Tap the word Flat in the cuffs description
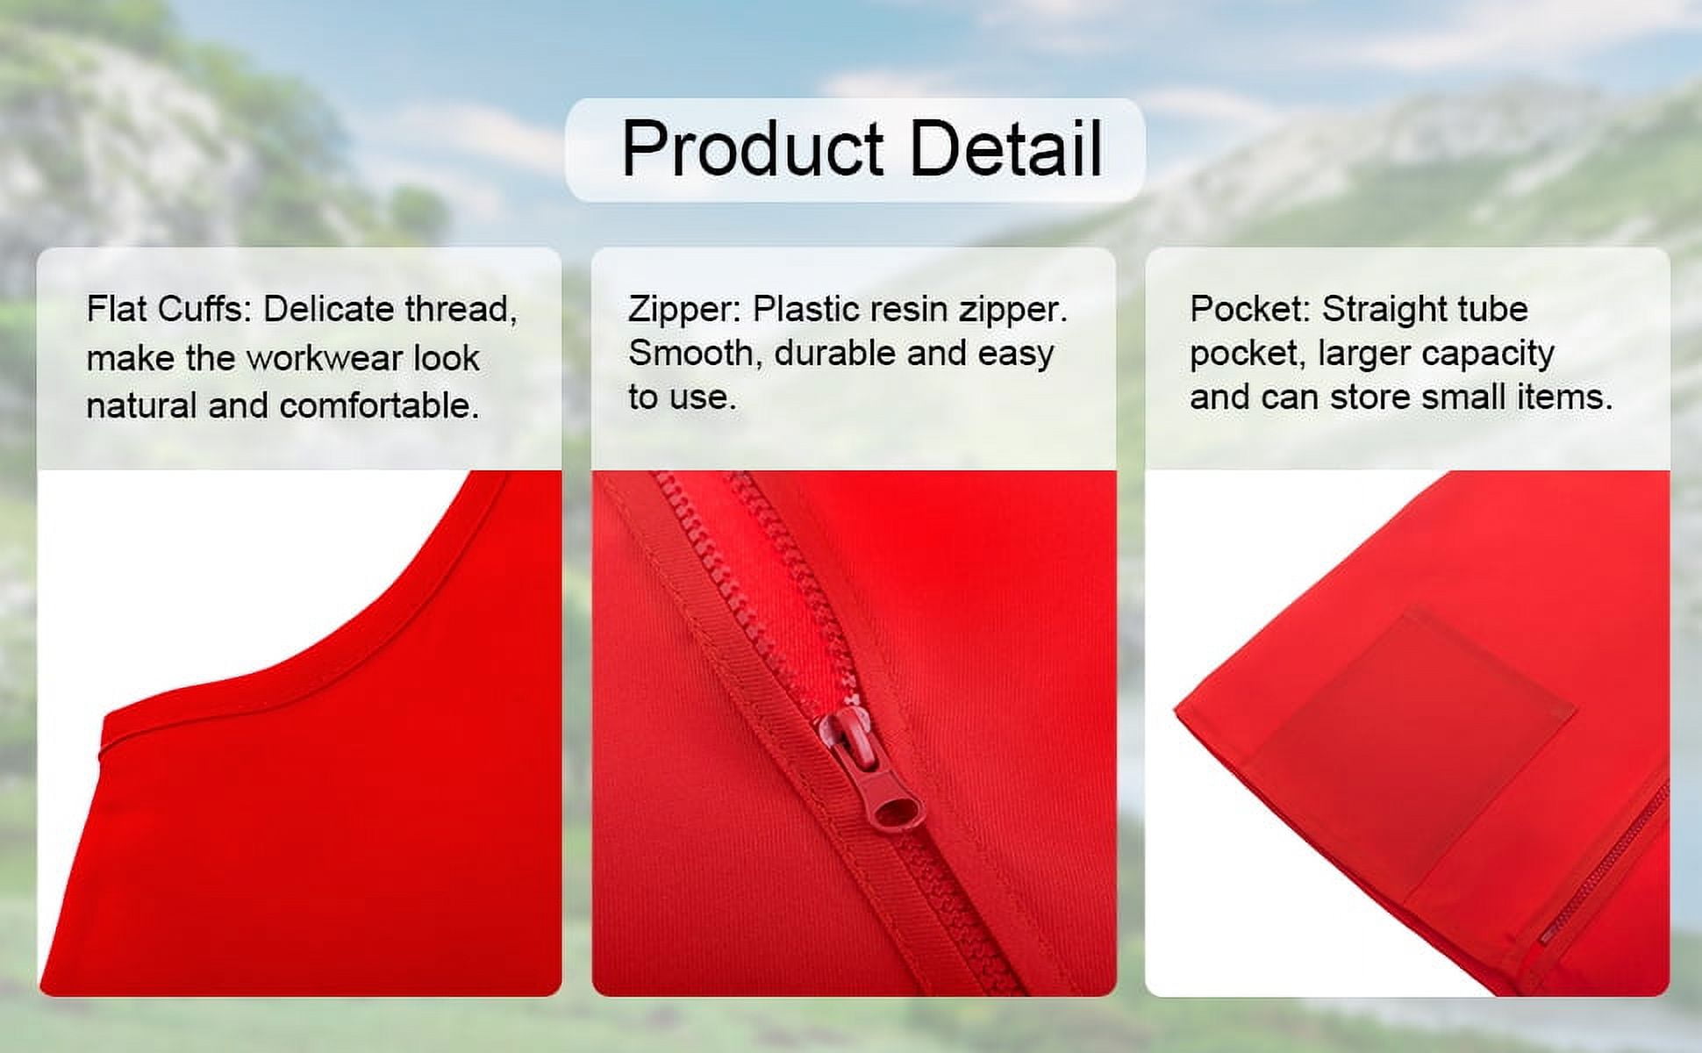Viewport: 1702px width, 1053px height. click(x=117, y=309)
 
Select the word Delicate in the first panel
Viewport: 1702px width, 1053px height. click(x=327, y=309)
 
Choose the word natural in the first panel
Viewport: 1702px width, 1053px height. click(x=142, y=405)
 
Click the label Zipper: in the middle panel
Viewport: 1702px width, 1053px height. click(x=684, y=310)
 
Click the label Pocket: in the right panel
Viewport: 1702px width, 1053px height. click(x=1250, y=309)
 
